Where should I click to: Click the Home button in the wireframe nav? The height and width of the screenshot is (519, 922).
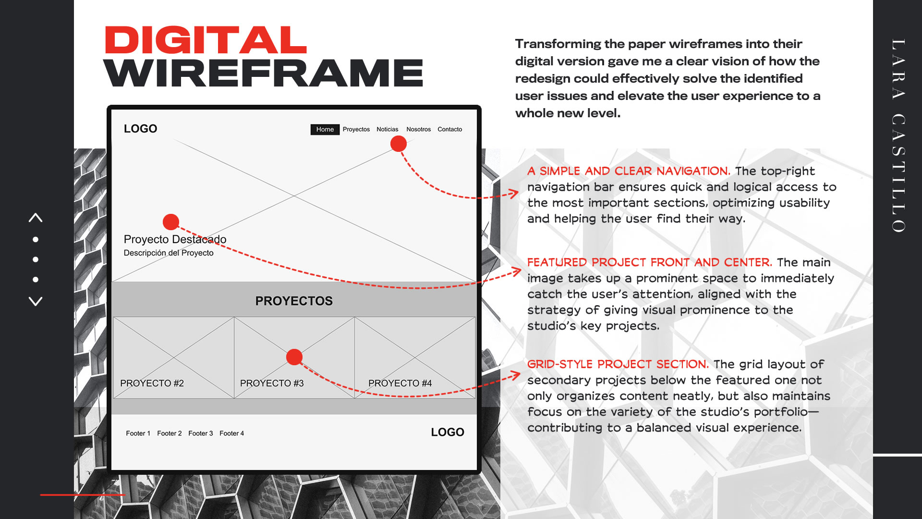[x=325, y=129]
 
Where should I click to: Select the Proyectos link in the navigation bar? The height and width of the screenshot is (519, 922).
[x=356, y=129]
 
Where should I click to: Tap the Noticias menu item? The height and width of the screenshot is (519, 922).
[x=387, y=129]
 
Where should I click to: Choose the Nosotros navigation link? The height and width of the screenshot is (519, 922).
[x=418, y=129]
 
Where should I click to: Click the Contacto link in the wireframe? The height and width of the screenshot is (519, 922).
[x=449, y=129]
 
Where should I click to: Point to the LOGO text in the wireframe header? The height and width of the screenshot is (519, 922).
[x=140, y=129]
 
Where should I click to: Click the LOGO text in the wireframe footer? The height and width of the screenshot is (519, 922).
[x=447, y=432]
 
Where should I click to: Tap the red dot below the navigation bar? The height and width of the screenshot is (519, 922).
[x=398, y=144]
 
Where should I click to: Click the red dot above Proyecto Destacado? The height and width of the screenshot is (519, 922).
[x=171, y=222]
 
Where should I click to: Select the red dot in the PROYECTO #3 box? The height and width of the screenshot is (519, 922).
[x=294, y=357]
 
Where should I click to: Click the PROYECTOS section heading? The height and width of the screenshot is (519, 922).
[x=294, y=301]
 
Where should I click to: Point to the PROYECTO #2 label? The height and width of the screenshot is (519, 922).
[x=152, y=383]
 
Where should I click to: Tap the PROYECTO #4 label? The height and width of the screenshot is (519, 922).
[x=400, y=383]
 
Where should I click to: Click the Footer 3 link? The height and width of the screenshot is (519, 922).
[x=200, y=433]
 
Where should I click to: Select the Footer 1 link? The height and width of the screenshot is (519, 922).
[x=138, y=433]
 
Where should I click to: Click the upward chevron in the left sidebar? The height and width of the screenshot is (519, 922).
[x=36, y=218]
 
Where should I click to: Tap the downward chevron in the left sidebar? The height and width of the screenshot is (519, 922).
[x=36, y=301]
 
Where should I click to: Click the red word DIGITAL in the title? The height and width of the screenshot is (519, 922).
[x=206, y=40]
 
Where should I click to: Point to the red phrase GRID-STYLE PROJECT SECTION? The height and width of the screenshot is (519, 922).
[x=618, y=364]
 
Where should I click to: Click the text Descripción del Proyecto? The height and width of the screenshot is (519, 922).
[x=169, y=253]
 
